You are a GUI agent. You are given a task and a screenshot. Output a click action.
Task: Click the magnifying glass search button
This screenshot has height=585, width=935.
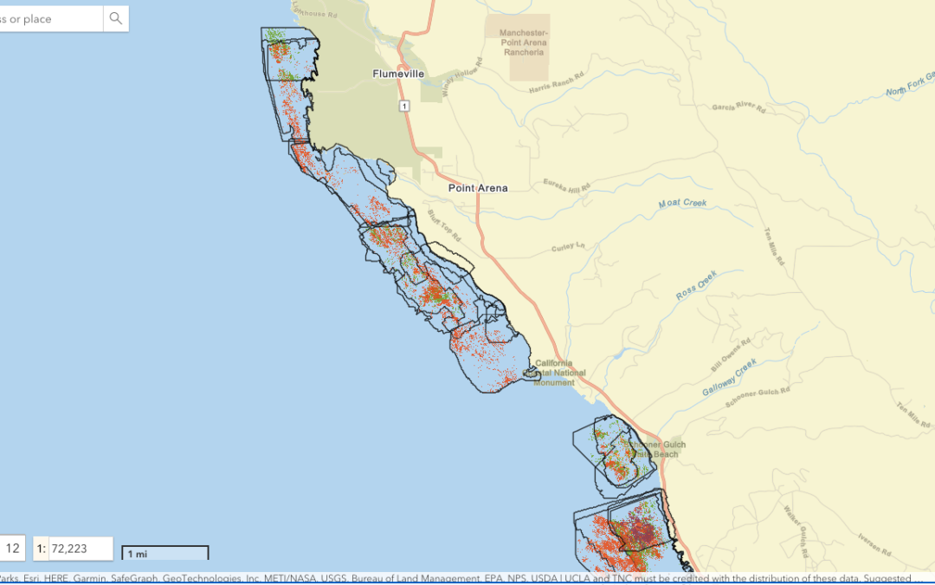(115, 18)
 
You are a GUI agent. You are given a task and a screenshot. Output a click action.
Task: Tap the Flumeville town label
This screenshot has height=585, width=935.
(398, 74)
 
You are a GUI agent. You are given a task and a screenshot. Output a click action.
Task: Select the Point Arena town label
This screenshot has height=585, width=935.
(478, 187)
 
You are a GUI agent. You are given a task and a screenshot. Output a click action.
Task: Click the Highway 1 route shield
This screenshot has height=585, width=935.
(403, 105)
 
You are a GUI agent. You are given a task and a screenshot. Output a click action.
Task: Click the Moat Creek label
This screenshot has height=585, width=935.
(682, 204)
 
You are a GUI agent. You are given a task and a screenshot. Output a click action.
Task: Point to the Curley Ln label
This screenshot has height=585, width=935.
(568, 248)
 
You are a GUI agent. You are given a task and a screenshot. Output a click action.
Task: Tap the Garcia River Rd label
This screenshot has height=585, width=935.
(738, 106)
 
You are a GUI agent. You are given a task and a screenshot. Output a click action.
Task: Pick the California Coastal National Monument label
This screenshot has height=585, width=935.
(559, 373)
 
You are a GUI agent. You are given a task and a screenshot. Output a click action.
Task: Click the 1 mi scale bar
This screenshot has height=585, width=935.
(164, 553)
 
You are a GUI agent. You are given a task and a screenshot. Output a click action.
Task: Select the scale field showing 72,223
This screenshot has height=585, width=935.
(74, 549)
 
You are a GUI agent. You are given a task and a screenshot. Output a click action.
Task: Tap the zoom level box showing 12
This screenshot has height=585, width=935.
(12, 549)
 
